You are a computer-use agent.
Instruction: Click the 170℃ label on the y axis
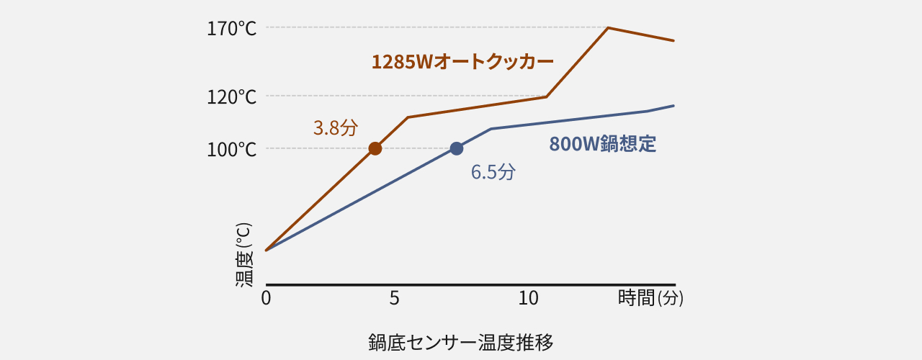[x=232, y=29]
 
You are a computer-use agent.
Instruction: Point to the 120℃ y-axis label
[x=232, y=96]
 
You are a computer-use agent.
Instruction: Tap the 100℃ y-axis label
[x=232, y=150]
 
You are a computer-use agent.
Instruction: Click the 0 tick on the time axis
[x=266, y=298]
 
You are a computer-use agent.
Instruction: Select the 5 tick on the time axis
[x=394, y=298]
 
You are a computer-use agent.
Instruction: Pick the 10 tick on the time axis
[x=529, y=298]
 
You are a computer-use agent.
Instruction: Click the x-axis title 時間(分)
[x=650, y=298]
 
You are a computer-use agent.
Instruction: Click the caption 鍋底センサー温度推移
[x=461, y=341]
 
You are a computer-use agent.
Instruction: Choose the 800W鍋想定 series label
[x=603, y=144]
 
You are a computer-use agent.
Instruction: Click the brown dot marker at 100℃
[x=375, y=148]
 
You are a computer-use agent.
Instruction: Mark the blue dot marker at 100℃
[x=456, y=148]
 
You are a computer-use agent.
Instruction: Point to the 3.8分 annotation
[x=335, y=128]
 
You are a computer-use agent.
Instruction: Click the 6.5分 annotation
[x=493, y=172]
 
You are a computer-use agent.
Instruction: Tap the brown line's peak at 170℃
[x=609, y=28]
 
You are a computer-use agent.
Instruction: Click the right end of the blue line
[x=673, y=106]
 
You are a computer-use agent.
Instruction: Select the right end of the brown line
[x=673, y=40]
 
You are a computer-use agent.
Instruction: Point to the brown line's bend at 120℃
[x=547, y=96]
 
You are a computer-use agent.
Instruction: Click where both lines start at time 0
[x=267, y=251]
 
